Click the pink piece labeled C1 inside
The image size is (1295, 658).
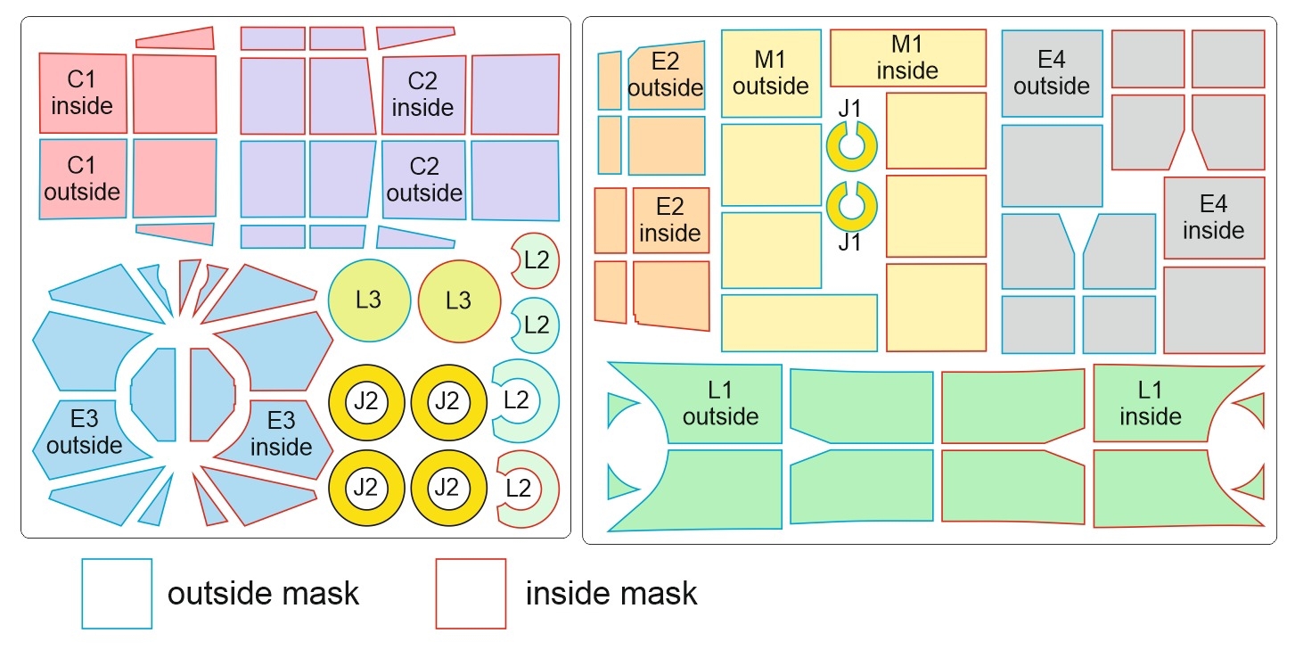pyautogui.click(x=82, y=93)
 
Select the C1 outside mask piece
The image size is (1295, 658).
pyautogui.click(x=82, y=178)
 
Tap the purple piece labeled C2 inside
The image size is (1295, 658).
pyautogui.click(x=423, y=95)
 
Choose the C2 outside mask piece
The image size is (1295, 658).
pyautogui.click(x=423, y=179)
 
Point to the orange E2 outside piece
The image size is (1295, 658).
pyautogui.click(x=667, y=75)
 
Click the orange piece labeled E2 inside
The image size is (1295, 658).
pyautogui.click(x=670, y=219)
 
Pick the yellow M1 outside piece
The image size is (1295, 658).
pyautogui.click(x=770, y=73)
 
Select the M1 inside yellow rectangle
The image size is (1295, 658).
pyautogui.click(x=907, y=57)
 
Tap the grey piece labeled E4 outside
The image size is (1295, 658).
pyautogui.click(x=1052, y=73)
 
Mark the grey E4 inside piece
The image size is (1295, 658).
pyautogui.click(x=1213, y=218)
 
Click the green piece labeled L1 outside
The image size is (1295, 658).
pyautogui.click(x=720, y=404)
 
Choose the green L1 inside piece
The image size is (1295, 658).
pyautogui.click(x=1150, y=403)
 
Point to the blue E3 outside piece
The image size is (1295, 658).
pyautogui.click(x=85, y=432)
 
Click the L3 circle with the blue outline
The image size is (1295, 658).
pyautogui.click(x=368, y=300)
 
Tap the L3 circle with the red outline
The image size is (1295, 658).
pyautogui.click(x=458, y=300)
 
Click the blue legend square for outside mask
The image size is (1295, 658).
pyautogui.click(x=117, y=594)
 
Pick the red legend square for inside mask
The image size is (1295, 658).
pyautogui.click(x=471, y=594)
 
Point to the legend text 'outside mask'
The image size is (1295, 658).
pyautogui.click(x=263, y=593)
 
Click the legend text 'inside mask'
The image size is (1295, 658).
pyautogui.click(x=611, y=593)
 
